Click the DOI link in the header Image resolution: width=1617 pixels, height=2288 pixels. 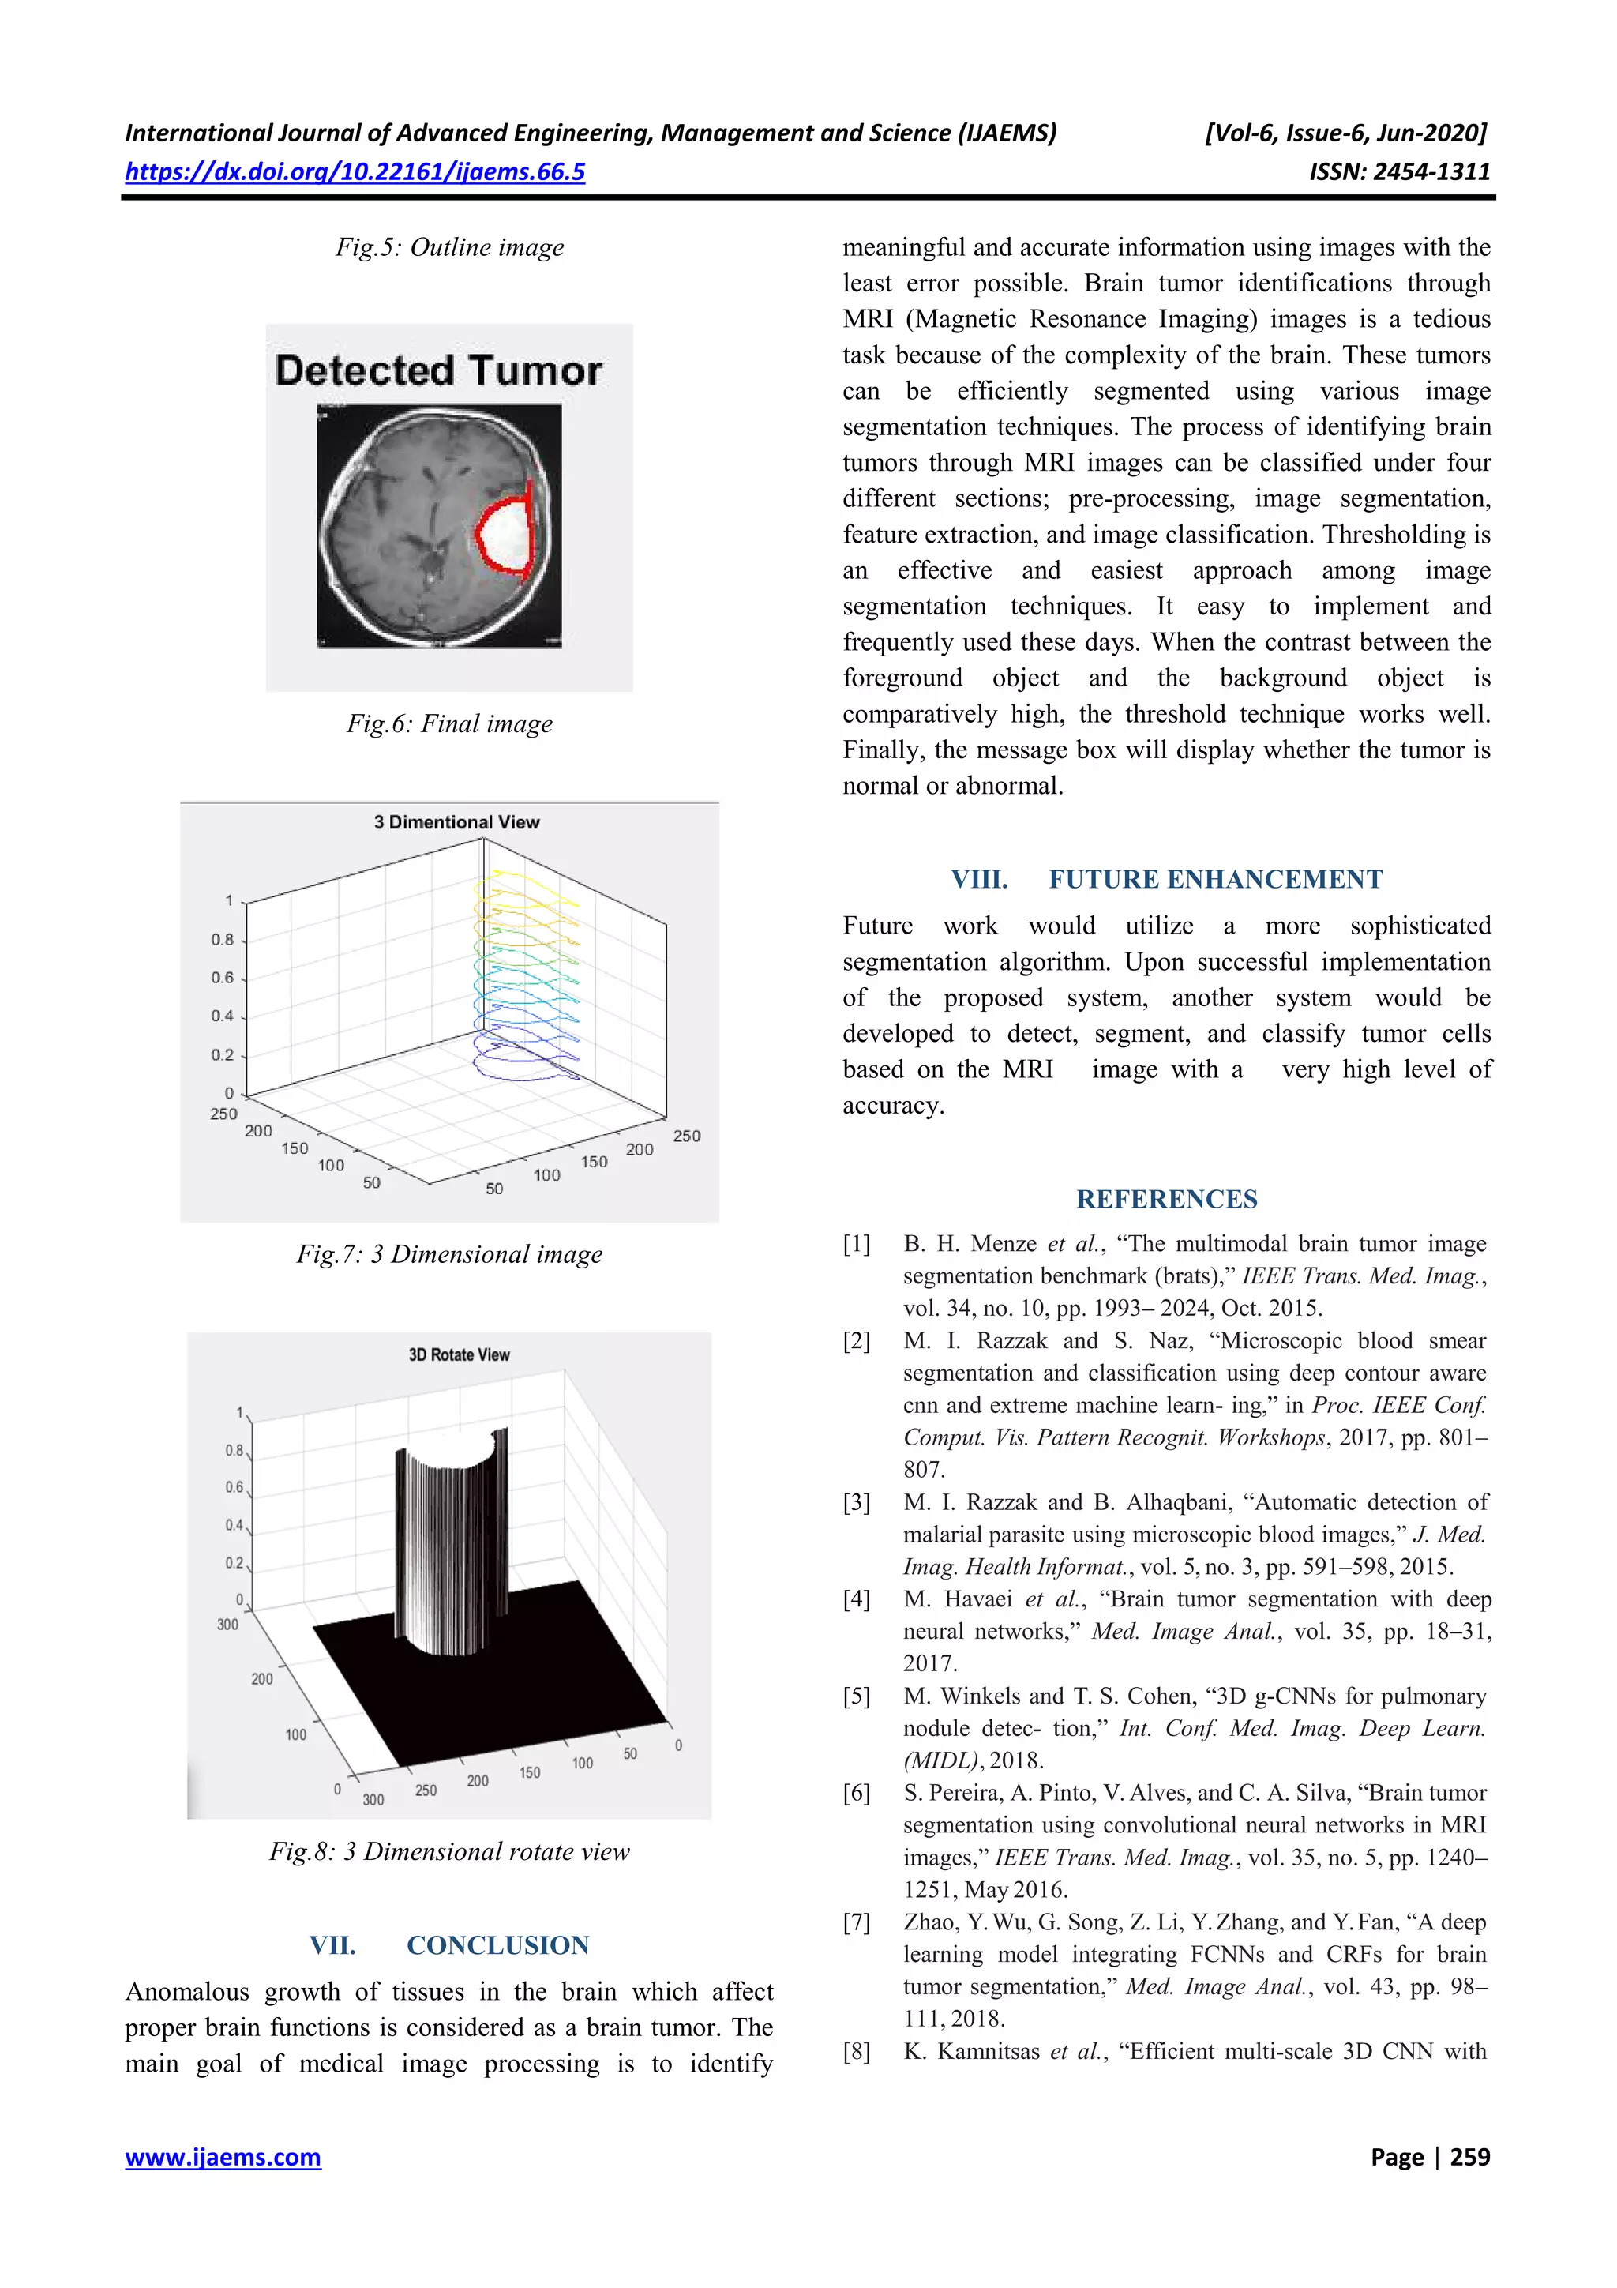(x=355, y=172)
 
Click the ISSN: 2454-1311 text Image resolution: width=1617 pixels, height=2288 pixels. (x=1399, y=172)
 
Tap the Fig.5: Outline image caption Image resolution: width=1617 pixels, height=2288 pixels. (x=449, y=247)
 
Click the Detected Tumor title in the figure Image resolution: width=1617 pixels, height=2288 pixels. (x=438, y=370)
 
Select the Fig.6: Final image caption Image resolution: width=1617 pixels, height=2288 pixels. (x=449, y=724)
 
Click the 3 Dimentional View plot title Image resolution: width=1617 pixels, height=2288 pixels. (x=456, y=822)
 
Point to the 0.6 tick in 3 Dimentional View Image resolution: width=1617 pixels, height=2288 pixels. (x=222, y=978)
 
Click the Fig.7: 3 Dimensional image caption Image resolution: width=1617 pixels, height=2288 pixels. (x=449, y=1255)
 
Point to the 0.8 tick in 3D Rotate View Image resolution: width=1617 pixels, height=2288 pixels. (x=234, y=1450)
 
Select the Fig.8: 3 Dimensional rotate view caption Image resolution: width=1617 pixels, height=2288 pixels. (x=449, y=1851)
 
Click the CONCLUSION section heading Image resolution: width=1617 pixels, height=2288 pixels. (x=497, y=1945)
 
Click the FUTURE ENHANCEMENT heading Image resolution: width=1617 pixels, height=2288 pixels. (x=1214, y=880)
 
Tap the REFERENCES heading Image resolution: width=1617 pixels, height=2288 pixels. (x=1167, y=1200)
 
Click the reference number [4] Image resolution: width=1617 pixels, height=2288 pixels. (x=857, y=1599)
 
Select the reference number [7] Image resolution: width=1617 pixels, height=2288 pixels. (x=857, y=1922)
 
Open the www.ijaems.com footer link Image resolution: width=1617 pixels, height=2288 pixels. (x=223, y=2158)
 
